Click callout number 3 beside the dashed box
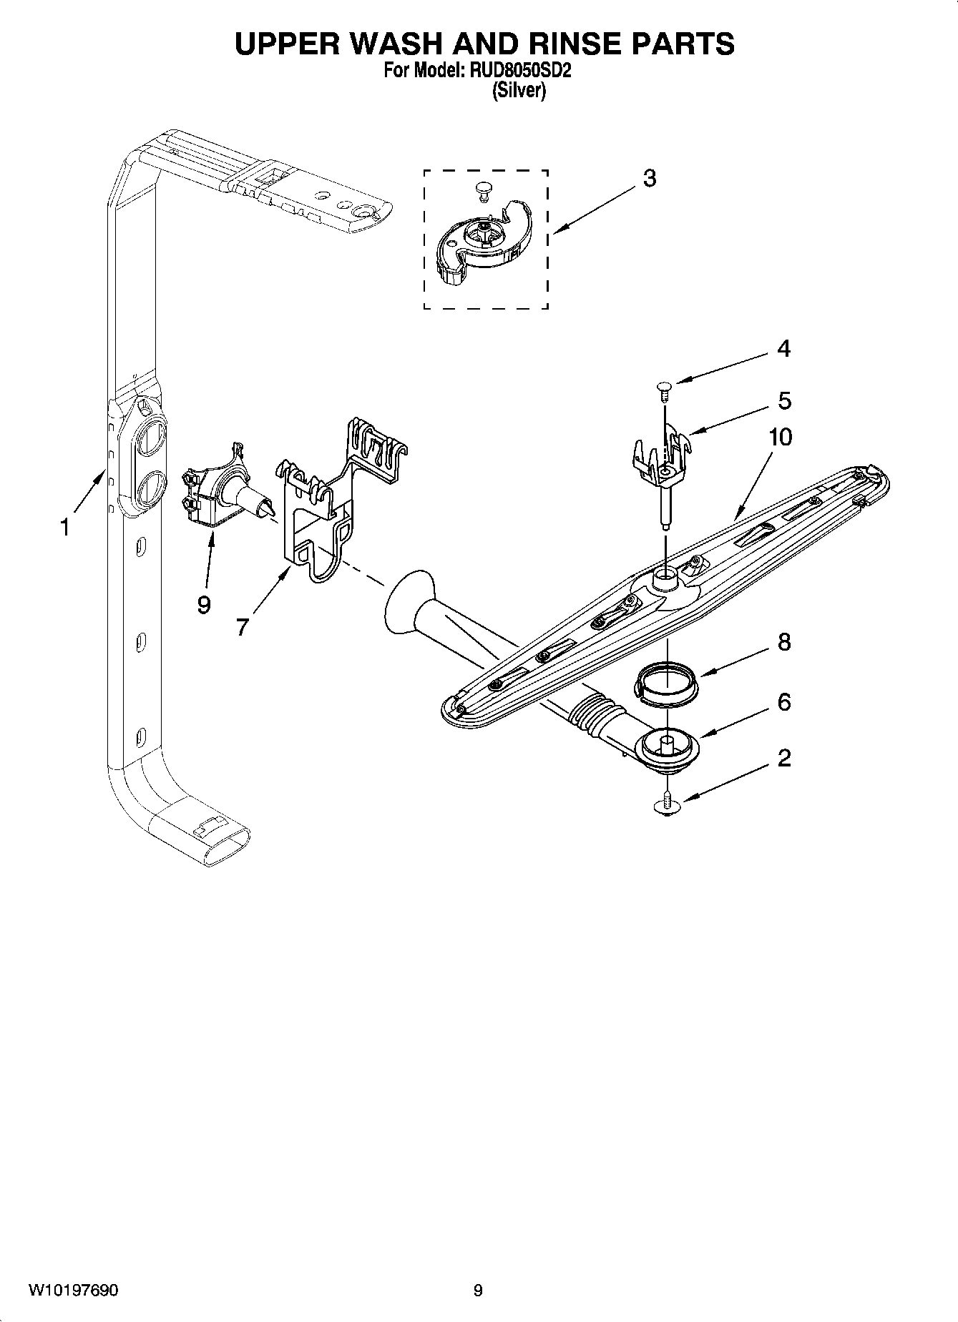pyautogui.click(x=649, y=178)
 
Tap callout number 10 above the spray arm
pyautogui.click(x=780, y=437)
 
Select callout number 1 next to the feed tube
pyautogui.click(x=64, y=528)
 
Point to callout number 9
pyautogui.click(x=204, y=605)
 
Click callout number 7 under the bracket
pyautogui.click(x=242, y=627)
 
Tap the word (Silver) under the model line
pyautogui.click(x=519, y=91)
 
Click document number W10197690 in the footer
pyautogui.click(x=74, y=1291)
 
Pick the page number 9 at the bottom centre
pyautogui.click(x=478, y=1291)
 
